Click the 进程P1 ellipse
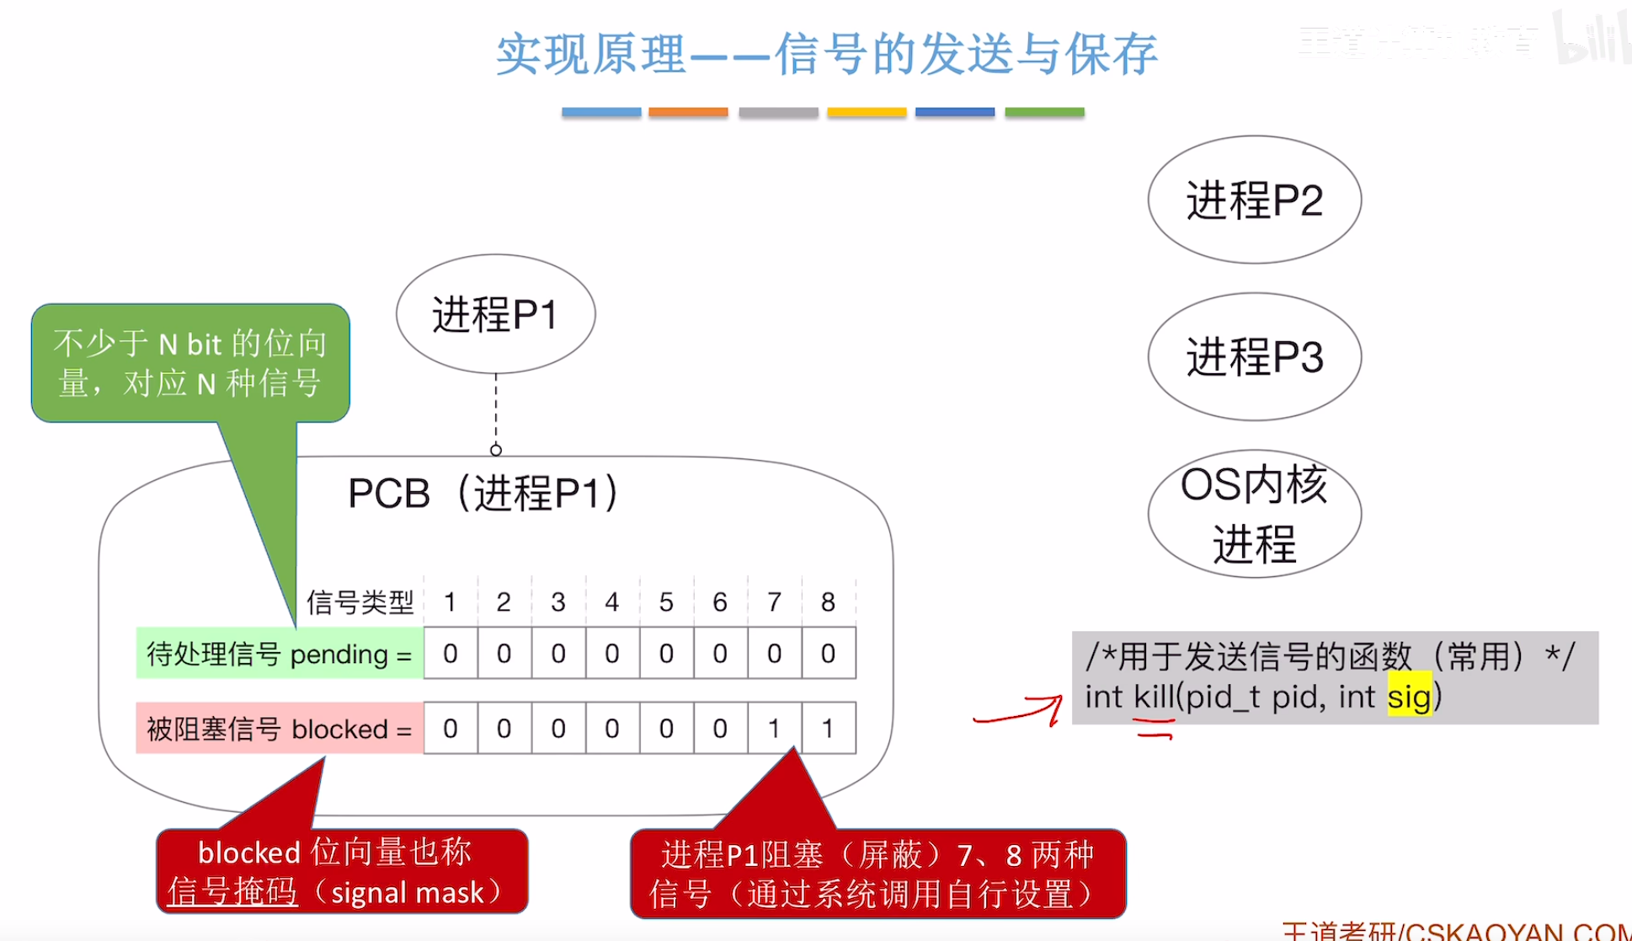495,314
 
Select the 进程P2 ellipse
1254,200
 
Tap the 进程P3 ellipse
1254,356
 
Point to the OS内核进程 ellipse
1254,514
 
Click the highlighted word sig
1409,697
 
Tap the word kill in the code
1153,697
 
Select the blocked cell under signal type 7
774,728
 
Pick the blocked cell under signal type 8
829,728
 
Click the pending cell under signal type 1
451,653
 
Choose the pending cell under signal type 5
666,653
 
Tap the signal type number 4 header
612,601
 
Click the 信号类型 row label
360,602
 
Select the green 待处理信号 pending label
279,654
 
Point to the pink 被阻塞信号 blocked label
279,729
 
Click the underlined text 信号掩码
232,892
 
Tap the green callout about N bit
190,363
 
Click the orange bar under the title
688,112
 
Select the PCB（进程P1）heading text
483,494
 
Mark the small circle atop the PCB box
496,450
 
